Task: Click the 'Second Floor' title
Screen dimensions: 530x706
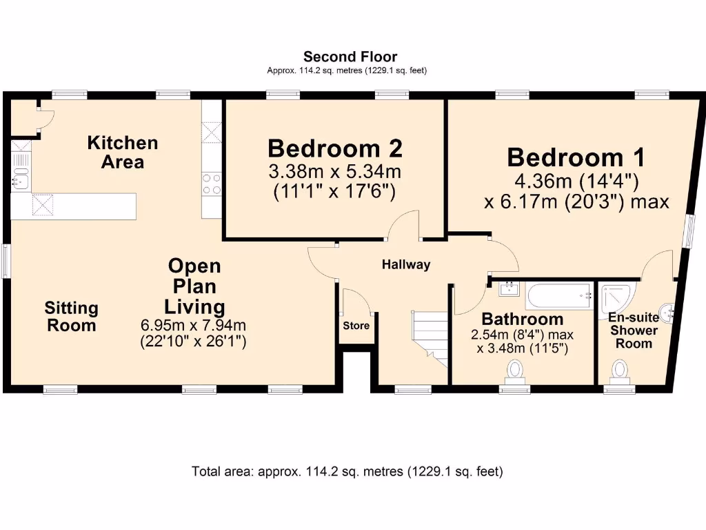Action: click(350, 57)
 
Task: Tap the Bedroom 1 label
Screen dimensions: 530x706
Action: click(576, 157)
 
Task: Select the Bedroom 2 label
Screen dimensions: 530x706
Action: click(335, 148)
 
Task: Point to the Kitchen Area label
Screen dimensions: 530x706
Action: click(122, 153)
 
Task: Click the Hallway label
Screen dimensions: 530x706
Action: click(406, 264)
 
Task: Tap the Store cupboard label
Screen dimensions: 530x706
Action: click(356, 326)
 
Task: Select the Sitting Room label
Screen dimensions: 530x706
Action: click(72, 316)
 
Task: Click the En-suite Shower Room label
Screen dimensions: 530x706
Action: click(632, 331)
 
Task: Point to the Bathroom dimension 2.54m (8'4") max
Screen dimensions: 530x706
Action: click(522, 335)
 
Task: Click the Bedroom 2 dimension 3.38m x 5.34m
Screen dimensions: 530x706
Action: click(335, 170)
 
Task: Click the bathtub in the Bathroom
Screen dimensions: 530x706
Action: click(559, 296)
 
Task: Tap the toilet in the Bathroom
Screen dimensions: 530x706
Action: click(515, 373)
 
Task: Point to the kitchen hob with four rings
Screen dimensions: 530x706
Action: click(211, 184)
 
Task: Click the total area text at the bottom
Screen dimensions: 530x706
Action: click(347, 472)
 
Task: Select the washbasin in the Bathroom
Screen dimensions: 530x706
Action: click(507, 289)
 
